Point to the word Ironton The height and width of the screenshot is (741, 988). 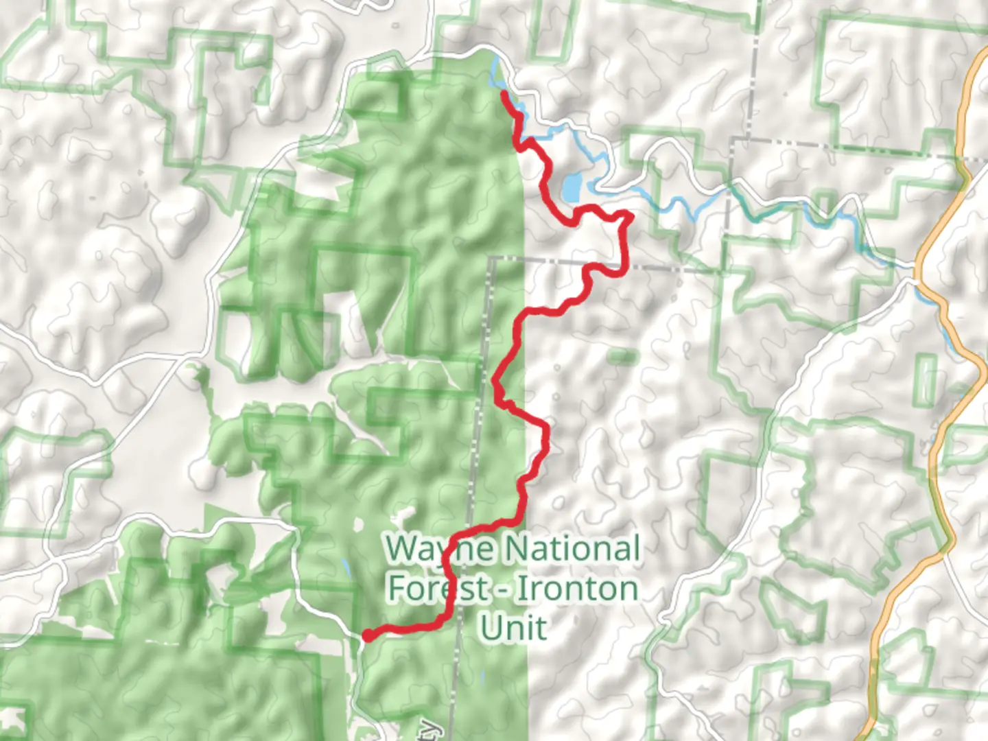click(576, 589)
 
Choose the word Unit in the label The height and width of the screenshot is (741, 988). click(513, 628)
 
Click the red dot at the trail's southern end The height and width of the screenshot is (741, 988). click(368, 635)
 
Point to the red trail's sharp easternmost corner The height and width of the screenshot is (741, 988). click(629, 216)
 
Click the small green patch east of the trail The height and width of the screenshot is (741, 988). click(622, 356)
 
